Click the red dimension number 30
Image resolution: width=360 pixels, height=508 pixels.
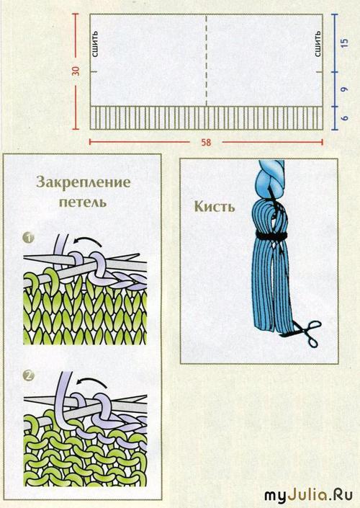click(x=76, y=71)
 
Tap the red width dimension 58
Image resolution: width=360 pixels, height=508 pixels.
click(x=206, y=143)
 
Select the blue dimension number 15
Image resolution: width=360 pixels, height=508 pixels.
click(x=345, y=43)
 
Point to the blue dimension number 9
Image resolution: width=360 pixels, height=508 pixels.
click(x=345, y=89)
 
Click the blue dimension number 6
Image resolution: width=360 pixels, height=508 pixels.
click(x=345, y=117)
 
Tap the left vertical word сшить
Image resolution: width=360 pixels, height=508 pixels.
click(x=95, y=44)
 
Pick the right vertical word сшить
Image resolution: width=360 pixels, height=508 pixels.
click(x=318, y=44)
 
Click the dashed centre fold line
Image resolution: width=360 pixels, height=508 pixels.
click(x=206, y=61)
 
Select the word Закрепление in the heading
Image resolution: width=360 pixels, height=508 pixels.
click(x=84, y=182)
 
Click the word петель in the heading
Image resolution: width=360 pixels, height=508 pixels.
click(x=83, y=202)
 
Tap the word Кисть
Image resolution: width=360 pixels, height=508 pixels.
click(x=215, y=206)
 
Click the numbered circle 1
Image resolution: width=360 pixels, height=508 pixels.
click(x=29, y=238)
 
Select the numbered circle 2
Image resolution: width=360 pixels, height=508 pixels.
click(x=29, y=375)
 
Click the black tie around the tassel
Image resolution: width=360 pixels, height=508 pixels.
click(x=271, y=236)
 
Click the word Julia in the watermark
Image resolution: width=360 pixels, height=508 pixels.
click(x=304, y=496)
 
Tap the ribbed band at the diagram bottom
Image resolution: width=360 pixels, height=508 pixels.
click(x=206, y=118)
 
